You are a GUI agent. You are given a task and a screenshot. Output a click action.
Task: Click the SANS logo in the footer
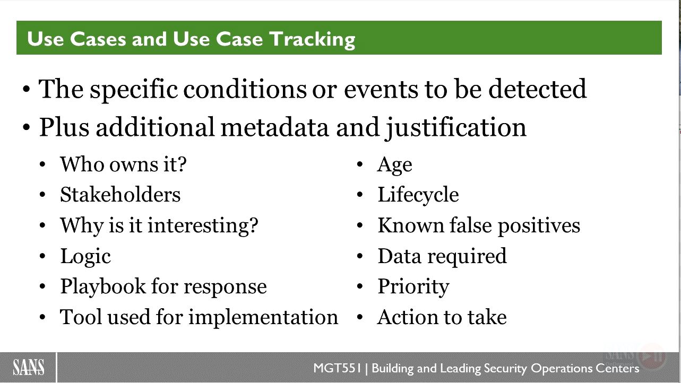28,367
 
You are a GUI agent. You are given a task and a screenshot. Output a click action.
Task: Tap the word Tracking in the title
312,40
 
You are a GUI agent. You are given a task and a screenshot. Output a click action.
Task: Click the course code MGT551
337,368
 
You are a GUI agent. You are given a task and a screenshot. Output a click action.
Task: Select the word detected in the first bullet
538,89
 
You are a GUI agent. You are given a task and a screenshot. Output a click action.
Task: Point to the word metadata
274,127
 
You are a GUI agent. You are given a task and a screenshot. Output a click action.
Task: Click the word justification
455,128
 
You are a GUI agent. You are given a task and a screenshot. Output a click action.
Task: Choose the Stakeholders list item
120,194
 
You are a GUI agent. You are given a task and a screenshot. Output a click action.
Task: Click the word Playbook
103,287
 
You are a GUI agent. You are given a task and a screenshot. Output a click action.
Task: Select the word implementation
263,318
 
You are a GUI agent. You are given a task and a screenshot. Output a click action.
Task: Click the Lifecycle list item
418,195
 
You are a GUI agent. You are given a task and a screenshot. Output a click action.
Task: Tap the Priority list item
413,287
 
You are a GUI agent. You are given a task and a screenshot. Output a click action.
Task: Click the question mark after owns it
182,164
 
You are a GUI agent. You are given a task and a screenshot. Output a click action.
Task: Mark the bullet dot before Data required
360,256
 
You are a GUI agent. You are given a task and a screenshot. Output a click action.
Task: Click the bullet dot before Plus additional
27,127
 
